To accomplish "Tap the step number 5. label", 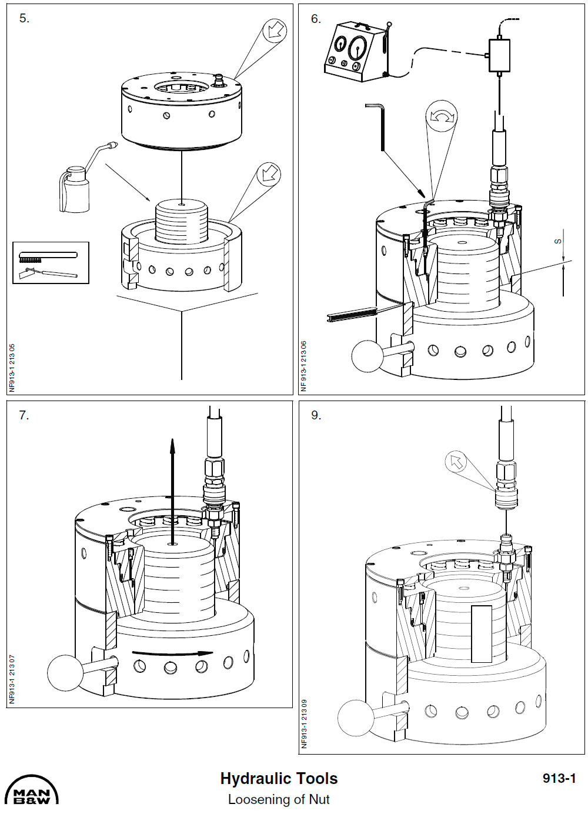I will point(24,18).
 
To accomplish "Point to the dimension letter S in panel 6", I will point(558,241).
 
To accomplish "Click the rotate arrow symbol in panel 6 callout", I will point(442,116).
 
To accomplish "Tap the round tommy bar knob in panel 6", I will point(367,356).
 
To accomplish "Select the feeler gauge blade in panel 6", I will point(353,315).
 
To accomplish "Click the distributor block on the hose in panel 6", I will point(499,55).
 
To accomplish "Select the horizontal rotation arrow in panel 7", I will point(172,653).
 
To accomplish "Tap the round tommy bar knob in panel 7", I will point(65,673).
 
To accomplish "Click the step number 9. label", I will point(316,415).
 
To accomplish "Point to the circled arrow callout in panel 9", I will point(456,462).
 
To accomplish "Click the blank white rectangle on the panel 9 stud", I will point(482,634).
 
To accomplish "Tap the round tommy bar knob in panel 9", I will point(356,718).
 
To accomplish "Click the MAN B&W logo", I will point(32,791).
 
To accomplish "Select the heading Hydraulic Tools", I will point(279,779).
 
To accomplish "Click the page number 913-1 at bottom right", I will point(559,778).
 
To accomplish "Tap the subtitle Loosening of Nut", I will point(279,799).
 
